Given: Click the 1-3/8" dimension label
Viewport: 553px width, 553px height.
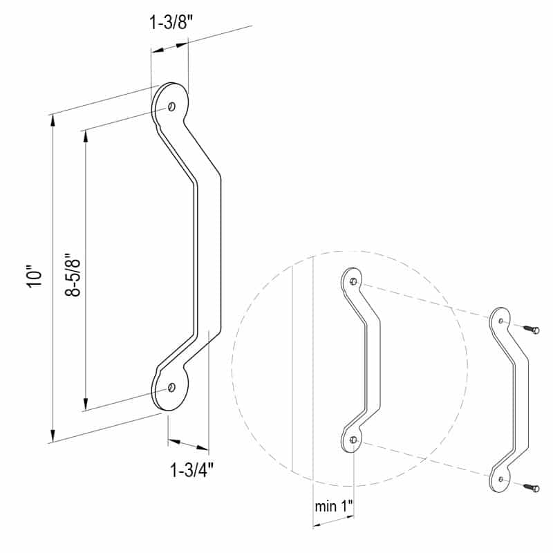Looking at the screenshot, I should (169, 22).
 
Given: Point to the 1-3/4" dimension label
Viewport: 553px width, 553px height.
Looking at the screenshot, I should (191, 470).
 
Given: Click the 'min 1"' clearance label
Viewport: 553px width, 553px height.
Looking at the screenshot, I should (334, 506).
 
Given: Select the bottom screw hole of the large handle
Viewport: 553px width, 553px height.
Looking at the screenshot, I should (171, 387).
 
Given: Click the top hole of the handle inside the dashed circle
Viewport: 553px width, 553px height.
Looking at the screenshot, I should (354, 281).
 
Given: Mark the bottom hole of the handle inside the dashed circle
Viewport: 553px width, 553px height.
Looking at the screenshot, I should (353, 440).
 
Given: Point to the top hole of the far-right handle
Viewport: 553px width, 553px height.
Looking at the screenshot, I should (500, 321).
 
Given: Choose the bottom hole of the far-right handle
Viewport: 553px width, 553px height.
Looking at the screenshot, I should (500, 478).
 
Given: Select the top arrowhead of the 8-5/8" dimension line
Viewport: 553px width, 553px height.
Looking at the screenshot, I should (85, 135).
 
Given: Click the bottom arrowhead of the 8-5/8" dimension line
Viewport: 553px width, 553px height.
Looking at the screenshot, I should (85, 405).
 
